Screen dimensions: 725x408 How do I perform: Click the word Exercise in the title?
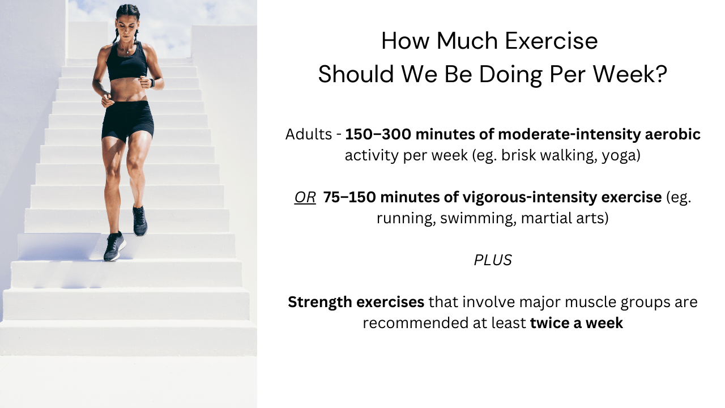click(551, 41)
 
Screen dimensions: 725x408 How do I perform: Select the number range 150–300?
click(378, 134)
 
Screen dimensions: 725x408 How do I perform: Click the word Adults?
click(309, 134)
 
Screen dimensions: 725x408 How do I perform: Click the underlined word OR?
click(305, 197)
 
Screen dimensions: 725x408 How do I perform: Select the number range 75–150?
click(349, 197)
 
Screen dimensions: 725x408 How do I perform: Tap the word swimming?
click(478, 218)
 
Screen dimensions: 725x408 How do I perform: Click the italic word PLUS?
click(493, 260)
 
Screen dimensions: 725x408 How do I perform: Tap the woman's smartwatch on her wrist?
click(152, 83)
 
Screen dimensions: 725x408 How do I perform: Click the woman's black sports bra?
click(126, 63)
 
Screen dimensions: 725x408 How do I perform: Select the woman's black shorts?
click(127, 121)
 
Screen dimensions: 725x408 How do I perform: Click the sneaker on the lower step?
click(114, 246)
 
